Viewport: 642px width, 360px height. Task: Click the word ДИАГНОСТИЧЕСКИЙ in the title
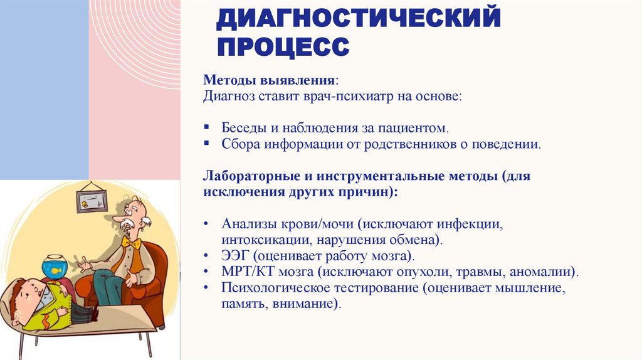click(359, 18)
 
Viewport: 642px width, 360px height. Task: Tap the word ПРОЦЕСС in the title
click(283, 46)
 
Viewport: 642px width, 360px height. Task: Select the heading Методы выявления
click(269, 81)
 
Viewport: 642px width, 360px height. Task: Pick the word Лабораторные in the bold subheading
click(246, 176)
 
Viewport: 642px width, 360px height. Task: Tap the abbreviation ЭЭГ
click(234, 257)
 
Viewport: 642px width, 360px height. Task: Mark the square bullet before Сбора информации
click(206, 144)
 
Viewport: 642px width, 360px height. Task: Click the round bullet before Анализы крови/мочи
click(207, 225)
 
